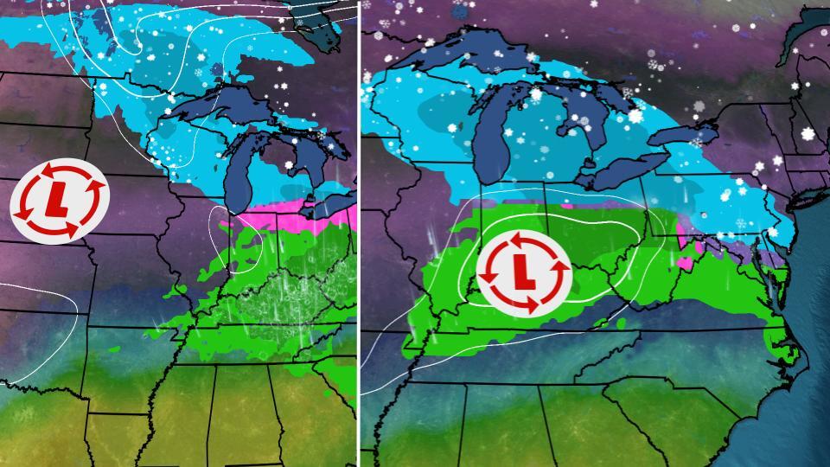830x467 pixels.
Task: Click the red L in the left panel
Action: [x=59, y=201]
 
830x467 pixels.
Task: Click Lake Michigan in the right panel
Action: [x=497, y=130]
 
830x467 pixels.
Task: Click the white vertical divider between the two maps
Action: [x=359, y=233]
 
